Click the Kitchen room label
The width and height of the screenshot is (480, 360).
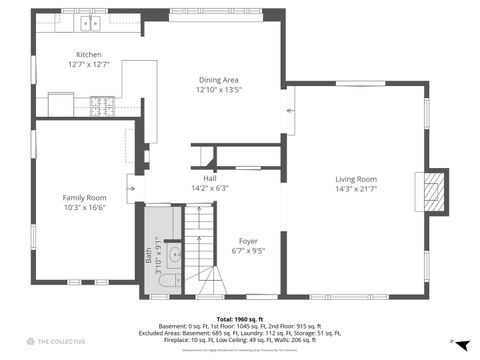tap(88, 55)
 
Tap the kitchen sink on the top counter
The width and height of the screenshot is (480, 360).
tap(93, 21)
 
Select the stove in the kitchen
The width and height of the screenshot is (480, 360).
tap(103, 101)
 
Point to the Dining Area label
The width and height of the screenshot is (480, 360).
tap(218, 79)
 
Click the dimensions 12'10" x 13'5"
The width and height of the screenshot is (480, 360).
tap(218, 89)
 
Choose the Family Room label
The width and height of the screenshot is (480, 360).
tap(84, 197)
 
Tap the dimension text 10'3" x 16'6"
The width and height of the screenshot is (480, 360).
tap(84, 207)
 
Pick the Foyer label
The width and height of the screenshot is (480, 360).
tap(248, 241)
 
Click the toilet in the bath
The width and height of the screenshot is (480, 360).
tap(167, 289)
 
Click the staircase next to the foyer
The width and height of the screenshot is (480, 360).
tap(205, 250)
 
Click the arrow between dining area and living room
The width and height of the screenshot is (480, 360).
tap(290, 110)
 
